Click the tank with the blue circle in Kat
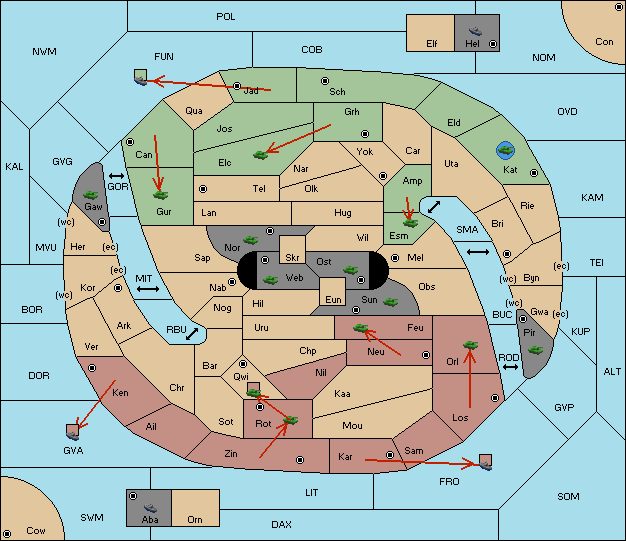point(505,151)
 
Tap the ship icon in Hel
point(475,31)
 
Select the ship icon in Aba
point(150,508)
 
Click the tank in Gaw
point(91,195)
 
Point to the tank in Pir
point(535,350)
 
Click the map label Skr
point(292,258)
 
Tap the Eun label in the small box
point(333,299)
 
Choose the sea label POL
point(226,17)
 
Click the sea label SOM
point(568,496)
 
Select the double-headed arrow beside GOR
point(116,176)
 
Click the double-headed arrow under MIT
point(148,289)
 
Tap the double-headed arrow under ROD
point(510,367)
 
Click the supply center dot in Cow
point(7,533)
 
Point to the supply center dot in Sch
point(325,81)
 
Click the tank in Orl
point(470,345)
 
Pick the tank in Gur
point(160,195)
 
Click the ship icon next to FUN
point(141,77)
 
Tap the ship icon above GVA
point(73,432)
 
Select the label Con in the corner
point(604,42)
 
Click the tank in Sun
point(390,302)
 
